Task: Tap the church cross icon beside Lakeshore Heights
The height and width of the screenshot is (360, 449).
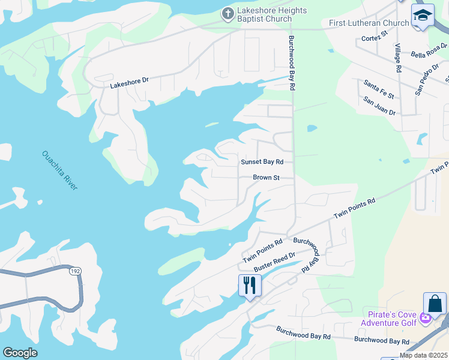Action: pos(228,13)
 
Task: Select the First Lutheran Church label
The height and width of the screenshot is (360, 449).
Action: pos(369,23)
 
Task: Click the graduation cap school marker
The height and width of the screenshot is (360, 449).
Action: pos(423,16)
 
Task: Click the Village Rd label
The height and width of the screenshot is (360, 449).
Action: pos(397,58)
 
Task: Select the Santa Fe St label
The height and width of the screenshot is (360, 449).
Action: pos(379,88)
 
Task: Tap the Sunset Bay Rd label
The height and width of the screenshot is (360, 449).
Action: pos(262,162)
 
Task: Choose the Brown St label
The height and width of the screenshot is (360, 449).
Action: pos(266,178)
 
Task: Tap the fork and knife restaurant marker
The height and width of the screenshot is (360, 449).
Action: pos(250,284)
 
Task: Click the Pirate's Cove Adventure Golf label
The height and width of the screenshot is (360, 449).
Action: pos(388,319)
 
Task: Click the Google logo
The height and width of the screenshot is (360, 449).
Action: pos(20,353)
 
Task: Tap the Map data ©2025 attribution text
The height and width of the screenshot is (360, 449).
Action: pos(423,355)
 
